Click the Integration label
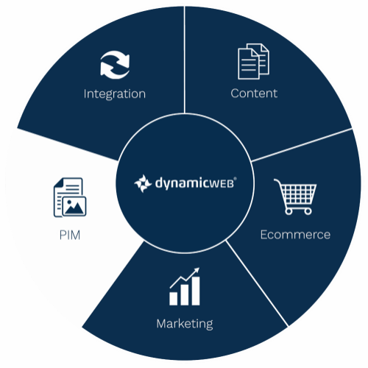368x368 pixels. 115,94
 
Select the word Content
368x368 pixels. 254,93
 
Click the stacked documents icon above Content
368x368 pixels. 253,61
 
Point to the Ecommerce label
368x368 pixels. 295,235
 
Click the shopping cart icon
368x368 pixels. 295,197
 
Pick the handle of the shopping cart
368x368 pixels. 277,182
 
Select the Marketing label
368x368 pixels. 185,325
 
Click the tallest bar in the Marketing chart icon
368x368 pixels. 196,291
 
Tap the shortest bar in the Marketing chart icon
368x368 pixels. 173,299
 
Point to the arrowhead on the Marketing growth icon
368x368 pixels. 197,270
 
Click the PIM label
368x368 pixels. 70,236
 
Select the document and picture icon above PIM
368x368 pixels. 70,197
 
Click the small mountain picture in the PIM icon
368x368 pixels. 74,207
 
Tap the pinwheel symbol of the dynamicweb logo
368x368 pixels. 143,183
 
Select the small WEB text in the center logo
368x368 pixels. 219,184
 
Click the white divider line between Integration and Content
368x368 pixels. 184,60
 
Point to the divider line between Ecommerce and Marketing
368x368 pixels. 258,283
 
